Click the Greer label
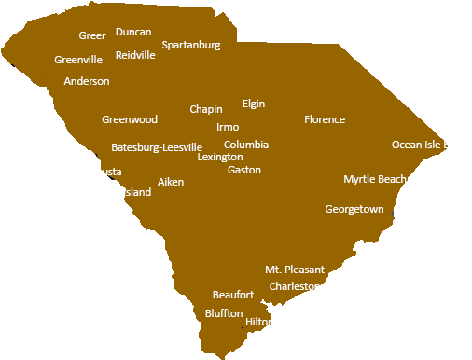click(x=92, y=35)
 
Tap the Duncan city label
click(x=133, y=32)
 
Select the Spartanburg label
click(x=191, y=45)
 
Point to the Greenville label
click(x=78, y=60)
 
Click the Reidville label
click(x=135, y=55)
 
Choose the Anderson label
click(x=87, y=81)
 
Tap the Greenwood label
click(x=130, y=119)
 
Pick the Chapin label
click(x=206, y=109)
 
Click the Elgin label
click(x=254, y=104)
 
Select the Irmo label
click(x=228, y=127)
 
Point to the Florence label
click(x=325, y=119)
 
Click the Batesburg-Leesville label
click(x=157, y=147)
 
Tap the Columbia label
click(x=246, y=145)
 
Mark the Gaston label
click(x=244, y=170)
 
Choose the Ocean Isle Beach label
click(x=432, y=145)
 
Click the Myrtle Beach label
click(x=375, y=179)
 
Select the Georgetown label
click(x=354, y=209)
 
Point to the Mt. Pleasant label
click(x=295, y=270)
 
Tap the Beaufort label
click(x=233, y=295)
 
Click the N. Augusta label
click(x=96, y=172)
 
